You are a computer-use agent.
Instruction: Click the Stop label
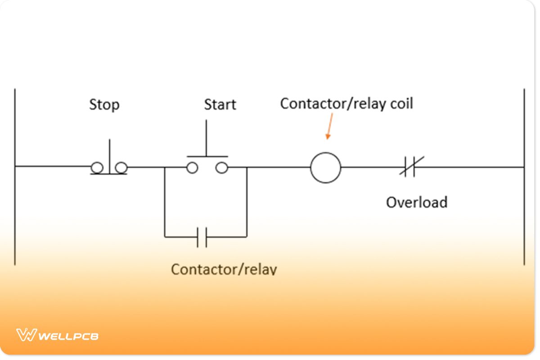point(104,105)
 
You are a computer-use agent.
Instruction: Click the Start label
point(220,105)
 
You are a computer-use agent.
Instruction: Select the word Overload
point(417,202)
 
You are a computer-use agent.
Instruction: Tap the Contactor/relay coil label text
point(346,103)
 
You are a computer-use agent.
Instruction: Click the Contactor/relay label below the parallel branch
point(224,269)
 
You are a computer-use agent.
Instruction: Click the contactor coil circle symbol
point(325,167)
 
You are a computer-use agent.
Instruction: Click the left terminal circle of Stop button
point(97,168)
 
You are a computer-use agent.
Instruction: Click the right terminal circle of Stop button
point(121,168)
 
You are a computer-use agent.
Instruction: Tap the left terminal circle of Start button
point(192,168)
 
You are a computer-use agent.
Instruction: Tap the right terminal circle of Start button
point(221,168)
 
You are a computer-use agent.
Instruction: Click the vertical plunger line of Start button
point(207,138)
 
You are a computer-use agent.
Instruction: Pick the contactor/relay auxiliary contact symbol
point(202,237)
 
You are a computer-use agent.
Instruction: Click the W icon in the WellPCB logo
point(26,335)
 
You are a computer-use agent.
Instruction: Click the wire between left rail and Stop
point(52,166)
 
